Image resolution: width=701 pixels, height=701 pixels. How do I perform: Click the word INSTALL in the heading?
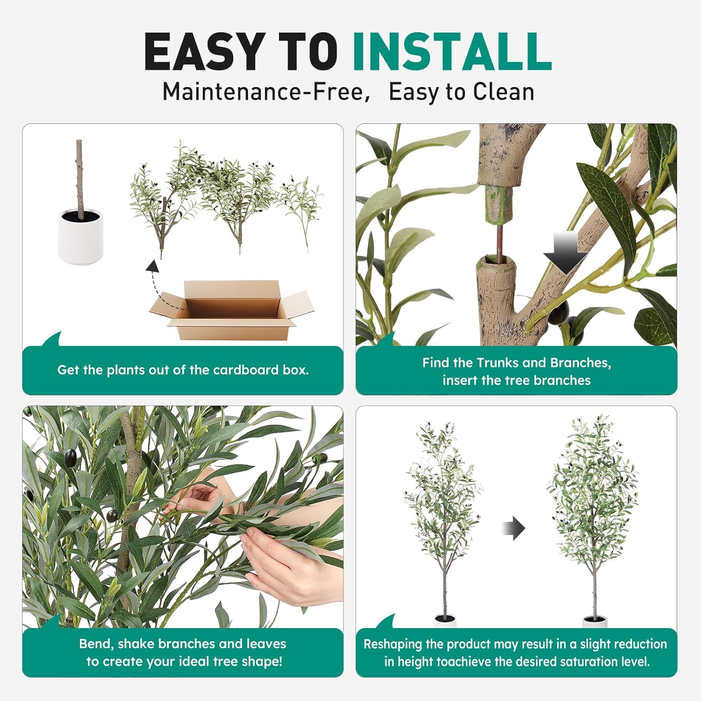click(451, 51)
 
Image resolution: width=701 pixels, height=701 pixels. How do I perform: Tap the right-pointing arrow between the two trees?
click(514, 529)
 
